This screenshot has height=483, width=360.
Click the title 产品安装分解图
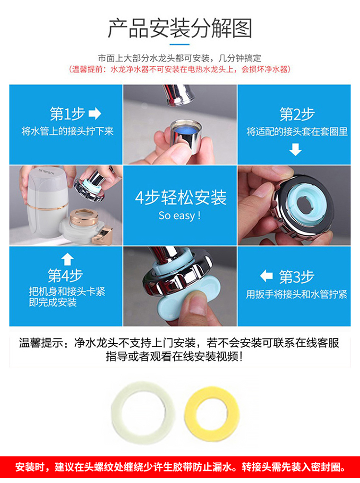(x=180, y=28)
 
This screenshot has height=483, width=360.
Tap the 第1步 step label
(x=68, y=114)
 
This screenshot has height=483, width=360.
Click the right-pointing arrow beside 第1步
(x=95, y=114)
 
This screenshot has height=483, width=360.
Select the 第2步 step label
(x=297, y=114)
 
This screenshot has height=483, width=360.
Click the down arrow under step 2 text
(x=295, y=149)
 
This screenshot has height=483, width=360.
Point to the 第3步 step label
(x=297, y=277)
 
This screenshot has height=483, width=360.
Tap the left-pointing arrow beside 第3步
(x=266, y=276)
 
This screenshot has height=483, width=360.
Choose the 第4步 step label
(x=65, y=275)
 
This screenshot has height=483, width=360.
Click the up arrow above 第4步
(x=68, y=259)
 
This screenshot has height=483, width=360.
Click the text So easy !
(x=180, y=215)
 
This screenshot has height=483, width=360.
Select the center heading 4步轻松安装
(x=181, y=197)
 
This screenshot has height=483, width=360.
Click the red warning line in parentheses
(x=180, y=69)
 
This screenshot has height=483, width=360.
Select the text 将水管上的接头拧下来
(x=68, y=132)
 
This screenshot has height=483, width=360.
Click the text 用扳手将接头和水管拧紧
(x=296, y=294)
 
